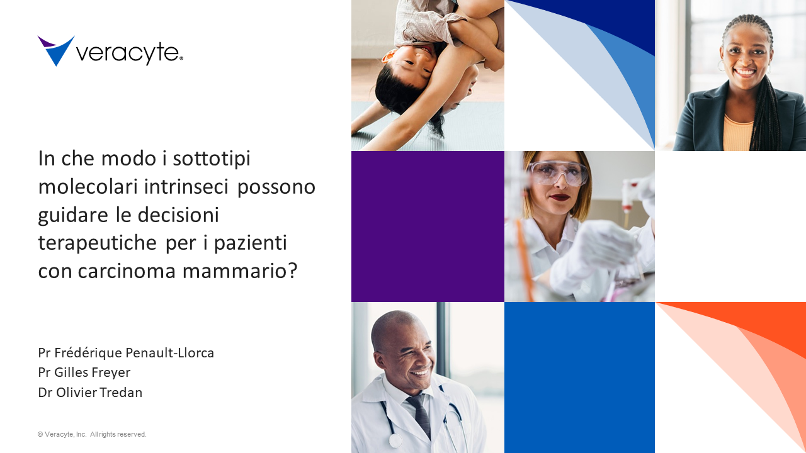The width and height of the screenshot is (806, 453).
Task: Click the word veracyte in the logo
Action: click(129, 54)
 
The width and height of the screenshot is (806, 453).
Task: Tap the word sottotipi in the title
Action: click(212, 159)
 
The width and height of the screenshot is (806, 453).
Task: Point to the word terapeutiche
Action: click(97, 243)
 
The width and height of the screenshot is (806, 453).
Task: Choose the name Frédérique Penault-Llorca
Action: click(134, 353)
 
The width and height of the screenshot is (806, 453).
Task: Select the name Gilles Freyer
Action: click(92, 372)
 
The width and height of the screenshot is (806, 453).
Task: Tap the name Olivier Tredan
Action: click(99, 392)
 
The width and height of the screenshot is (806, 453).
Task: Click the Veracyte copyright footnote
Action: click(92, 434)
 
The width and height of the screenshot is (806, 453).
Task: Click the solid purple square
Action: click(428, 226)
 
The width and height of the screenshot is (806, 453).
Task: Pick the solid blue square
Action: click(579, 377)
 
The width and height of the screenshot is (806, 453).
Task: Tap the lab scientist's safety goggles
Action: click(559, 173)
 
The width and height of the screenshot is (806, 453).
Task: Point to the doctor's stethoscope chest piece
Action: click(395, 441)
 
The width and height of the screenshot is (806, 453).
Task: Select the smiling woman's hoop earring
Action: click(721, 66)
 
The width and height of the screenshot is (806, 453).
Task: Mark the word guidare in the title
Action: click(73, 216)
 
